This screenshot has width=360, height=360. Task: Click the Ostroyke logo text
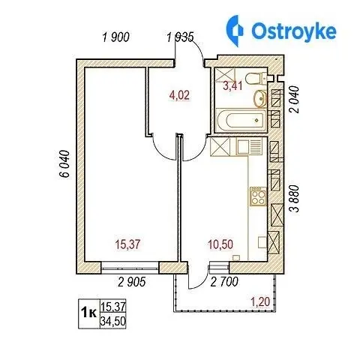point(294,31)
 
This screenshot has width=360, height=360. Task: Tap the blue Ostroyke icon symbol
point(235,31)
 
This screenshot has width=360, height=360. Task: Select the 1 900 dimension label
point(116,37)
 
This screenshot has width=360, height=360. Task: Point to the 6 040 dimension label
point(64,163)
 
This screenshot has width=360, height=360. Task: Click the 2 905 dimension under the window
point(132,282)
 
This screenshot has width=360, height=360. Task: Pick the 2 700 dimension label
point(224,282)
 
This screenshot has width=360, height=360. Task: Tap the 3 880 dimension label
point(294,199)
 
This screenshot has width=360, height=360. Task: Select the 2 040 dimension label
point(294,100)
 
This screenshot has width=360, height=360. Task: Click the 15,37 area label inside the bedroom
point(127,244)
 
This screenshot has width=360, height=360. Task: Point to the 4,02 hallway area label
point(179,95)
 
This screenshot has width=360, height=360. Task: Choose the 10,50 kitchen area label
point(220,244)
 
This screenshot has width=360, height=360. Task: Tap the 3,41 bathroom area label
point(232,86)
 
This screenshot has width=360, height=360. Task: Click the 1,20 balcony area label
point(260,302)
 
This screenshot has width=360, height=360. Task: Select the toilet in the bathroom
point(256,79)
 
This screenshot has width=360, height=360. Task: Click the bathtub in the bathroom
point(241,120)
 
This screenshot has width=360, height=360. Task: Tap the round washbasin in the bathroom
point(260,98)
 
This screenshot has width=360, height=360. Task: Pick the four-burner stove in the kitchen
point(258,196)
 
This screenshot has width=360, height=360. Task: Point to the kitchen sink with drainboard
point(249,147)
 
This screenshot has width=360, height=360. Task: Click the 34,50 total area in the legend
point(112,321)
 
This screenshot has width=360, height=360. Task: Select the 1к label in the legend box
point(88,313)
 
